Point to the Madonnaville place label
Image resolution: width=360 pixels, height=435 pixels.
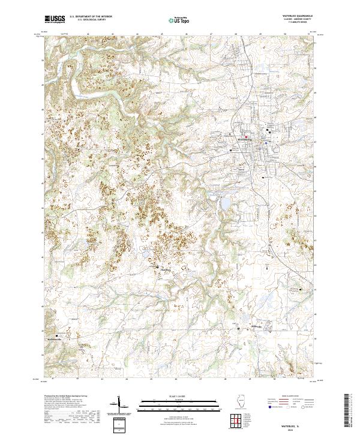pos(56,338)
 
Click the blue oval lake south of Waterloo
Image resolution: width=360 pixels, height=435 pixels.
pos(225,205)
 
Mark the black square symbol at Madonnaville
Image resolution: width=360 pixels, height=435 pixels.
pos(58,335)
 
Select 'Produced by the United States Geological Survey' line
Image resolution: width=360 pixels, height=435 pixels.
pos(64,397)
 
